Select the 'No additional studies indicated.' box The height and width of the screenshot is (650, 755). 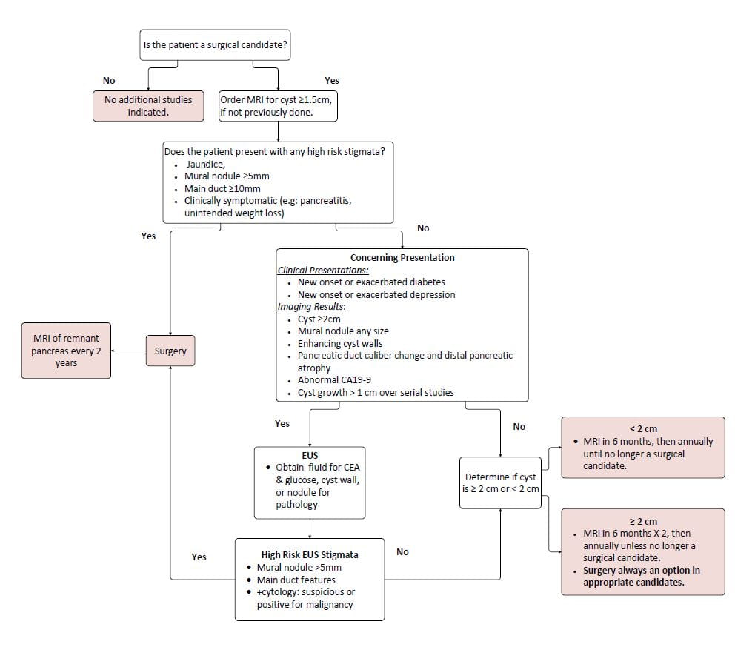(x=148, y=105)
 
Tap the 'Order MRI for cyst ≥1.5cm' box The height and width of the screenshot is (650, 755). (x=278, y=105)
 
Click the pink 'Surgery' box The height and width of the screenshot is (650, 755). (x=170, y=351)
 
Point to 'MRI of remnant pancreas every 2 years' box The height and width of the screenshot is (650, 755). (x=66, y=351)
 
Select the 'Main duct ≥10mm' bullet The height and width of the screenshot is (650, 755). (x=222, y=188)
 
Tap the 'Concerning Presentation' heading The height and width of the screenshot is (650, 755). (x=402, y=258)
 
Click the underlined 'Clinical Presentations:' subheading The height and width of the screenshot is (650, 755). (x=323, y=270)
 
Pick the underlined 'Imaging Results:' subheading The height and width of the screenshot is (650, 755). (x=311, y=307)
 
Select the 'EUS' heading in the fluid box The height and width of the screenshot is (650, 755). (x=309, y=455)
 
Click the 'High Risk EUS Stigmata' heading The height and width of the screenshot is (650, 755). (x=309, y=554)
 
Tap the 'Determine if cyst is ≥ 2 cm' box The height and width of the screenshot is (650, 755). (x=500, y=483)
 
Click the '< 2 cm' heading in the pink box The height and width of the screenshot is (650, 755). (x=642, y=428)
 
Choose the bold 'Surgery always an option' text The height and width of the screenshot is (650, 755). (x=641, y=576)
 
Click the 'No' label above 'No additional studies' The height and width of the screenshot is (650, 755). (x=109, y=80)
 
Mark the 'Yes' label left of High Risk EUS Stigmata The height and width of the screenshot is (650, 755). (x=199, y=557)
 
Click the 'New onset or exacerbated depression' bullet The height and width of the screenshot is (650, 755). (x=376, y=294)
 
